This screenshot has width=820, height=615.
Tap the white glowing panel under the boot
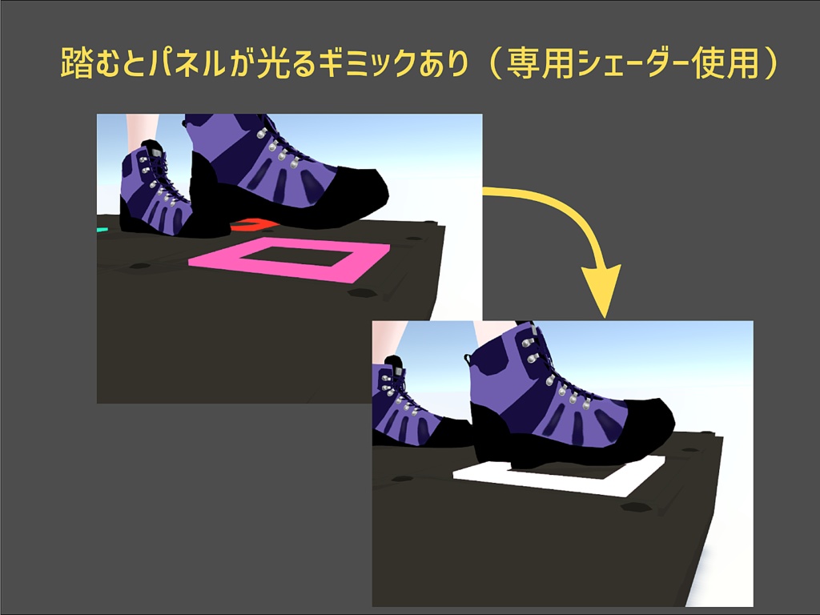click(x=480, y=474)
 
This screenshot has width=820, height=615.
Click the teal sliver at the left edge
click(x=102, y=230)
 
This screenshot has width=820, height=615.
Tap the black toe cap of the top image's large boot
click(x=352, y=192)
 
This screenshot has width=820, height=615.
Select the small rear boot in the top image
click(x=152, y=192)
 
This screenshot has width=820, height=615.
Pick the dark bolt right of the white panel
click(x=637, y=507)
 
